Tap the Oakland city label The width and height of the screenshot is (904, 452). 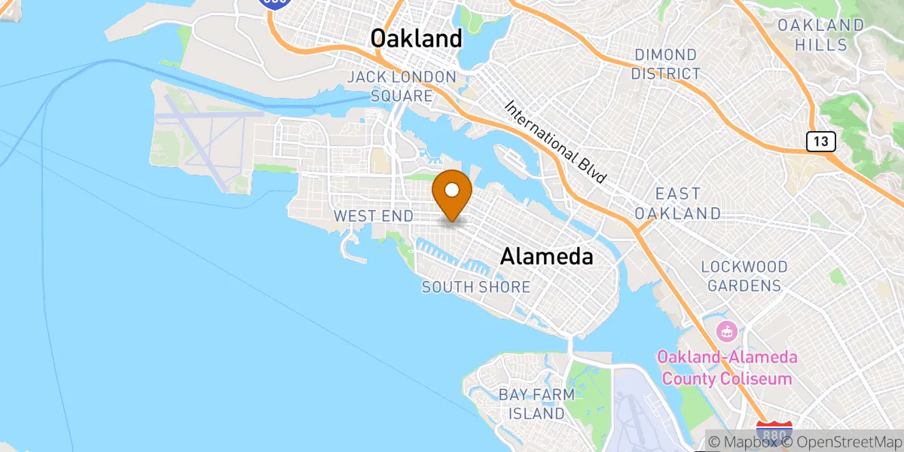417,38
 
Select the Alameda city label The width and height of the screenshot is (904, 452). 546,256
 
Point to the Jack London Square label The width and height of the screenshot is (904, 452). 402,87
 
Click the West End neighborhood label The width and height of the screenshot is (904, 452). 373,216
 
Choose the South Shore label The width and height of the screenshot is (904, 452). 475,287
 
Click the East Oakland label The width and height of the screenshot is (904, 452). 677,203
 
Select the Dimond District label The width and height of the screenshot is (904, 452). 666,64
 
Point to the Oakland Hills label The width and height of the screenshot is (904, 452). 820,35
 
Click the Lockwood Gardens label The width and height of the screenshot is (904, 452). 744,276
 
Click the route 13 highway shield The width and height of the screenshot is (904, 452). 820,140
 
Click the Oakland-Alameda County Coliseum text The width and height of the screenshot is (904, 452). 726,368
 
